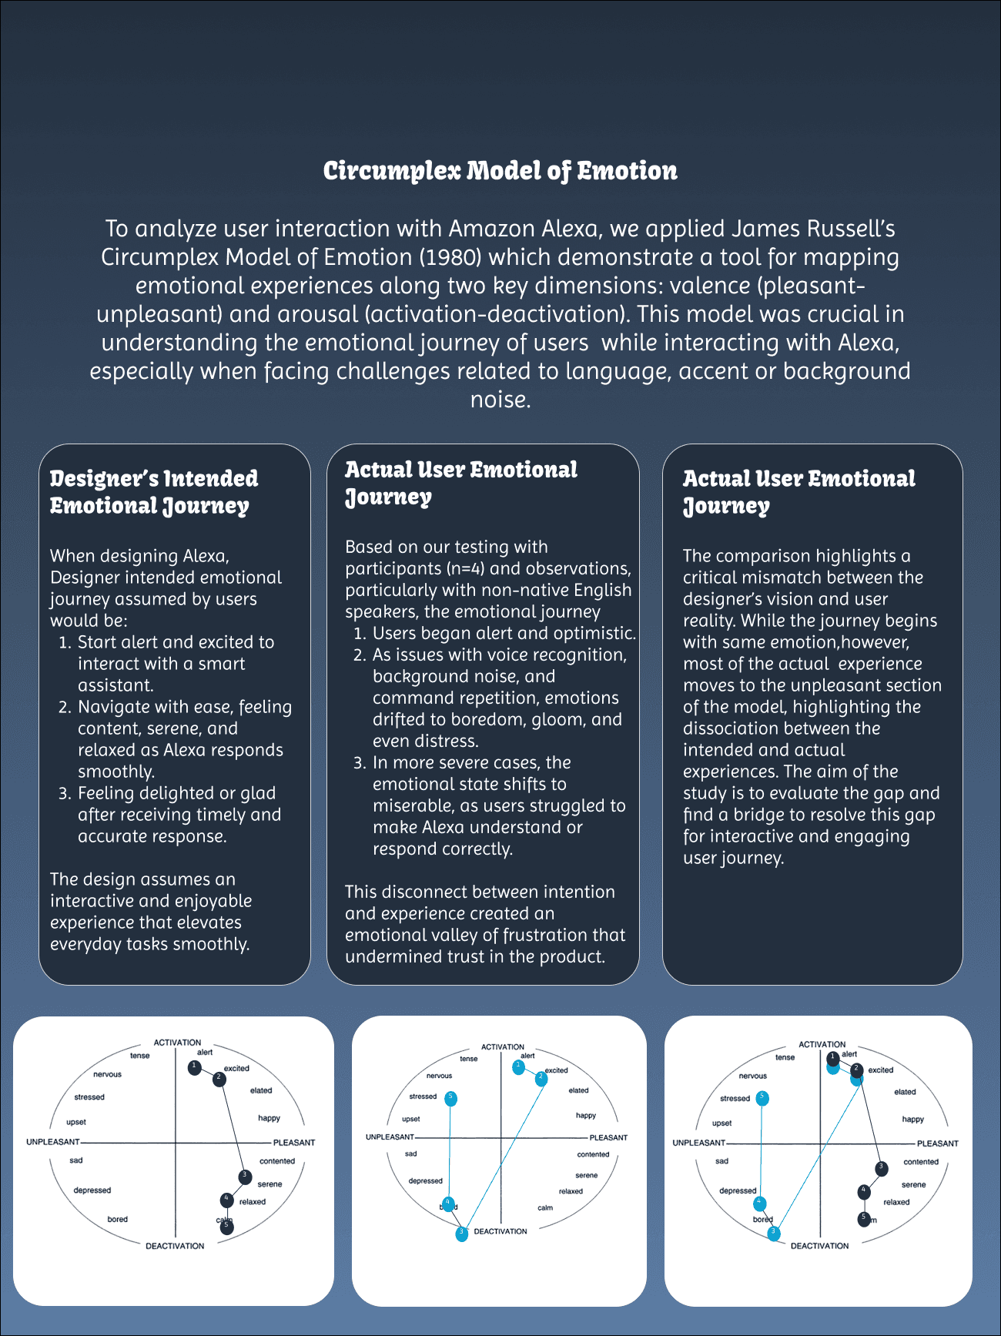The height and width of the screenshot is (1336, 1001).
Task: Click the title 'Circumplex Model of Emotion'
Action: point(500,171)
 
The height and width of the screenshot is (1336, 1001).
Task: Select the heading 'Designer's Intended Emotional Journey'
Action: point(154,492)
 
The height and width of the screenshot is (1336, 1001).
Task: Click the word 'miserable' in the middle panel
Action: point(413,806)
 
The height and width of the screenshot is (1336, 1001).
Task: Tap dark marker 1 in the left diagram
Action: point(195,1067)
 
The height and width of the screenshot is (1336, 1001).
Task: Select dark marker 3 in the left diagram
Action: point(244,1177)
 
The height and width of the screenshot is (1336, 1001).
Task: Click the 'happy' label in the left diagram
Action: point(269,1118)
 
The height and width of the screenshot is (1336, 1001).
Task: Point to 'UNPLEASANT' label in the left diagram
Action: point(52,1142)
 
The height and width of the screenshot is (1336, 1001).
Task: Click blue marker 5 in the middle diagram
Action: point(451,1097)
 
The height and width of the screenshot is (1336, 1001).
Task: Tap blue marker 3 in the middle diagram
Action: point(461,1233)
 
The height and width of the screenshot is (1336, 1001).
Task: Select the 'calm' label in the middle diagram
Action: point(545,1207)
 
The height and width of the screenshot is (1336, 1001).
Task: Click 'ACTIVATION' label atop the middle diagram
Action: point(502,1047)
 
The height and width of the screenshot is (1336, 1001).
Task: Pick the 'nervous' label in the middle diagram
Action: point(439,1076)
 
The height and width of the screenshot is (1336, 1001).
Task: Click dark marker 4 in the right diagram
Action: point(864,1191)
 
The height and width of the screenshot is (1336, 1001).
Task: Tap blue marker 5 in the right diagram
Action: point(762,1097)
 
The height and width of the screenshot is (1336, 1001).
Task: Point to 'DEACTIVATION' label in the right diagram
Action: point(819,1246)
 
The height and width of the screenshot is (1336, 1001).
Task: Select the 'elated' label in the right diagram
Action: point(905,1092)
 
